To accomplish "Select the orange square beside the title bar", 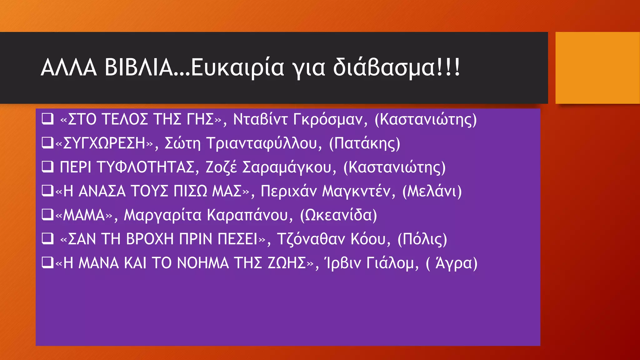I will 597,68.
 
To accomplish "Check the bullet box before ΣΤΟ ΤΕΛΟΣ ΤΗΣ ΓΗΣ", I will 47,119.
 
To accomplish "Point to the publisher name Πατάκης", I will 364,143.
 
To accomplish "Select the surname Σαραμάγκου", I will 287,167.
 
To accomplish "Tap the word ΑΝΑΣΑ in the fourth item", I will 102,191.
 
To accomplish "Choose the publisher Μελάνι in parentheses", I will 432,191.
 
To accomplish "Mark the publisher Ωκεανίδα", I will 338,215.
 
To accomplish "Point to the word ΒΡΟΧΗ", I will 150,239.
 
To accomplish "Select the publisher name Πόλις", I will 422,239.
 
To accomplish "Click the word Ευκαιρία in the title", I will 237,67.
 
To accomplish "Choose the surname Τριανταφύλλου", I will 262,143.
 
